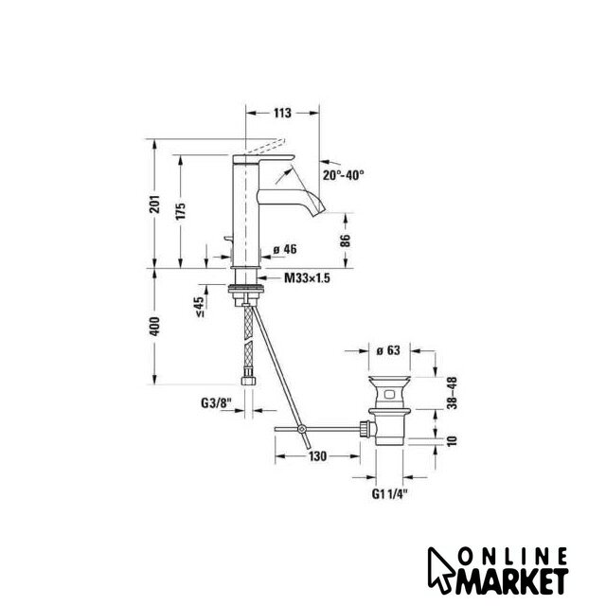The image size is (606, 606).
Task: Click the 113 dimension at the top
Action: [282, 114]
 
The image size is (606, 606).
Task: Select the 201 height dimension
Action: [155, 204]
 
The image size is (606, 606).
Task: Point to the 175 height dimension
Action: [181, 210]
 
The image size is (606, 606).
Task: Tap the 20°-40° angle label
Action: [344, 175]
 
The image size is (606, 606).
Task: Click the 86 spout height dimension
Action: [346, 241]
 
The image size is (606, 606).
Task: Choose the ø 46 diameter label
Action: [285, 249]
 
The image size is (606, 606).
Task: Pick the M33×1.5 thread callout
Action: [307, 277]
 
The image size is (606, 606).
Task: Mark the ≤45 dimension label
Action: [199, 307]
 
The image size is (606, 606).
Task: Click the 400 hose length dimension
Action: [154, 326]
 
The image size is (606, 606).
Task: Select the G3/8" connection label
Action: [216, 403]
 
